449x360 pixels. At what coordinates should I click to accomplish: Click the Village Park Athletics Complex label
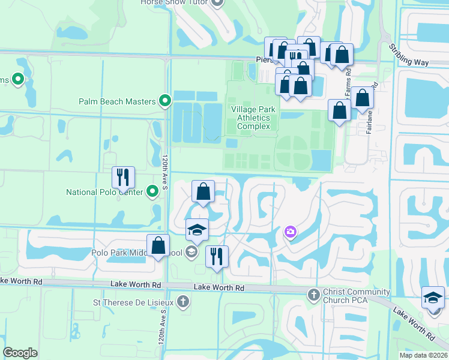tap(254, 118)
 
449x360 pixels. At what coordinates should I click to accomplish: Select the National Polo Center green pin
tap(152, 192)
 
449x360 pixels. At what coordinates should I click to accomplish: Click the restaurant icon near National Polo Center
tap(123, 177)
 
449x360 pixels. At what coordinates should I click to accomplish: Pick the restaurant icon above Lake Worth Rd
tap(217, 256)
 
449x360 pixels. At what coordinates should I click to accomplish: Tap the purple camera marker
tap(291, 232)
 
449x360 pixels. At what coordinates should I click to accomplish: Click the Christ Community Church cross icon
tap(313, 295)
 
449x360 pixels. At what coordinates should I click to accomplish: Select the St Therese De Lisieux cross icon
tap(183, 303)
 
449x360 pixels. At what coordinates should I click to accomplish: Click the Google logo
tap(20, 353)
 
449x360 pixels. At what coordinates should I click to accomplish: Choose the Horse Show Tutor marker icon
tap(217, 3)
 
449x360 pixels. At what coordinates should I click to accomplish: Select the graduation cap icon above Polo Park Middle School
tap(197, 230)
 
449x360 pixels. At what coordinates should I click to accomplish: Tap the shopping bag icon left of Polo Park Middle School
tap(158, 245)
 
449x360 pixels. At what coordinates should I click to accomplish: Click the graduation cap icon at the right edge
tap(433, 297)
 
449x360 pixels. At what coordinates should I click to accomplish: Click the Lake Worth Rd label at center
tap(219, 288)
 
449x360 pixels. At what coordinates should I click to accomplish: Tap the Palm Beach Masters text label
tap(117, 101)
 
